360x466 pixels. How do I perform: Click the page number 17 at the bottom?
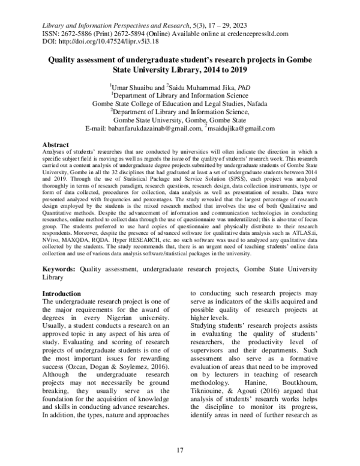point(180,450)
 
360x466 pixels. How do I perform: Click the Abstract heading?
point(56,146)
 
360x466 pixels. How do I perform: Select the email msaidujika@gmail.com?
point(241,129)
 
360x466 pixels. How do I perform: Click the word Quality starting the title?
point(65,62)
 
